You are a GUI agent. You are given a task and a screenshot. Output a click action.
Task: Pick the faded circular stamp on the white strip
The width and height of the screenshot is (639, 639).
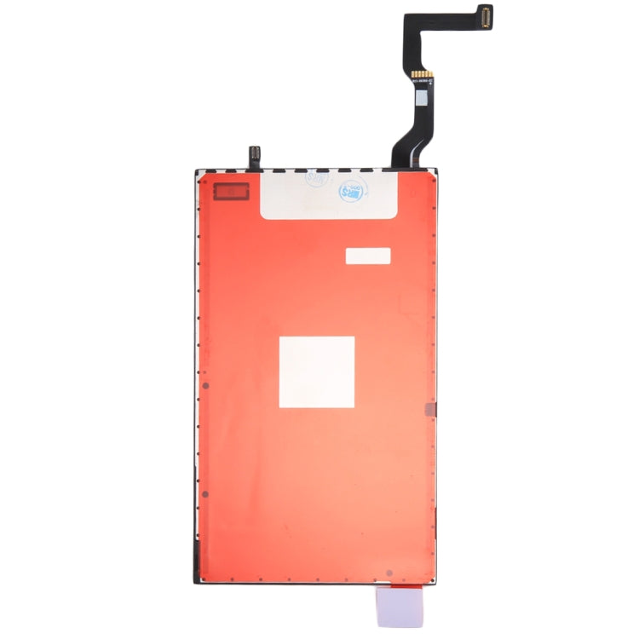click(x=316, y=179)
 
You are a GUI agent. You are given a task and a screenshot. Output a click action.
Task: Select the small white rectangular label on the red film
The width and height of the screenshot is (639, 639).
click(x=367, y=256)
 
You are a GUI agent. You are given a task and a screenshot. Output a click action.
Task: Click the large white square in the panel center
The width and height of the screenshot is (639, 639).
click(x=317, y=371)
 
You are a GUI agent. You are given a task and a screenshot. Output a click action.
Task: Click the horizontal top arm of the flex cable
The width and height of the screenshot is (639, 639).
click(x=452, y=15)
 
